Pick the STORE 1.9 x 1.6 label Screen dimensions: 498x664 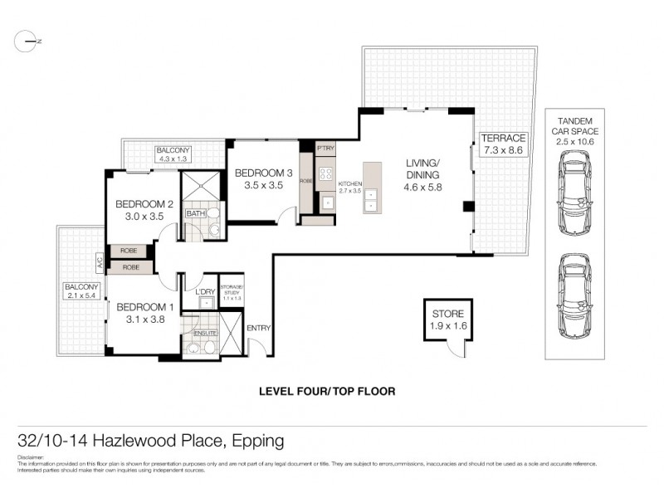(447, 320)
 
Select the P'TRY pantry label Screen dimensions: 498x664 (325, 148)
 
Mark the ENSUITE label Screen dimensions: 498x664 (204, 333)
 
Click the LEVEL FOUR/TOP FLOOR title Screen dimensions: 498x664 (327, 390)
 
